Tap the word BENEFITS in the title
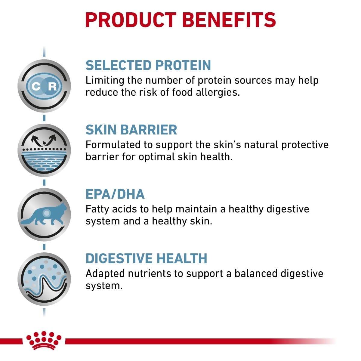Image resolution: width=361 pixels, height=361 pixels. (229, 20)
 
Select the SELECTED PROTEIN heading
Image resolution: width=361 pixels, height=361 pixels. (148, 65)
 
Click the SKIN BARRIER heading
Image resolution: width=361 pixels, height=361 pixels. (131, 130)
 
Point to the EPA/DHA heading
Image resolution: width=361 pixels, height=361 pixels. (115, 194)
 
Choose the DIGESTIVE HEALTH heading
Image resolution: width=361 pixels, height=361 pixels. (147, 258)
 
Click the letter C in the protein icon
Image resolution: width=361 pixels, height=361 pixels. (36, 87)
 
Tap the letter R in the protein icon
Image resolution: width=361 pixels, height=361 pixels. (52, 87)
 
